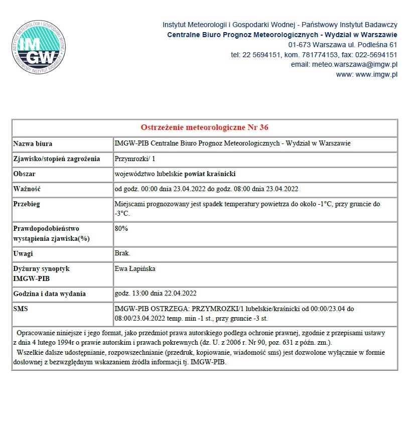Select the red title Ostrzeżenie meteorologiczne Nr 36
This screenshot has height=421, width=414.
coord(205,127)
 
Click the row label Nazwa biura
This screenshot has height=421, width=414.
coord(33,144)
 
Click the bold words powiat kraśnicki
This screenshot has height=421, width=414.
coord(210,174)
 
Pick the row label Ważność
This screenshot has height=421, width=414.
coord(27,189)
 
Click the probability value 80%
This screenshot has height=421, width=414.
coord(121,228)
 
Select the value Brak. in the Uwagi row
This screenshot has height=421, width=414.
coord(122,253)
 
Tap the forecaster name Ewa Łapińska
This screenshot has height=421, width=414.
coord(135,268)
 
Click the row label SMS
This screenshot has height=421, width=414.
coord(21,309)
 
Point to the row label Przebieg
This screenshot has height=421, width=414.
coord(27,204)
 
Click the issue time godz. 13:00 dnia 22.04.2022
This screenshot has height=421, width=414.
coord(156,294)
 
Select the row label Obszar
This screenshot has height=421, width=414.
coord(25,174)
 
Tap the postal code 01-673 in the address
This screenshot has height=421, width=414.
coord(299,45)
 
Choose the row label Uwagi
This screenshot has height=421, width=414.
coord(23,253)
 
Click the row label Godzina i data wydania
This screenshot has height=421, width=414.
coord(50,294)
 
